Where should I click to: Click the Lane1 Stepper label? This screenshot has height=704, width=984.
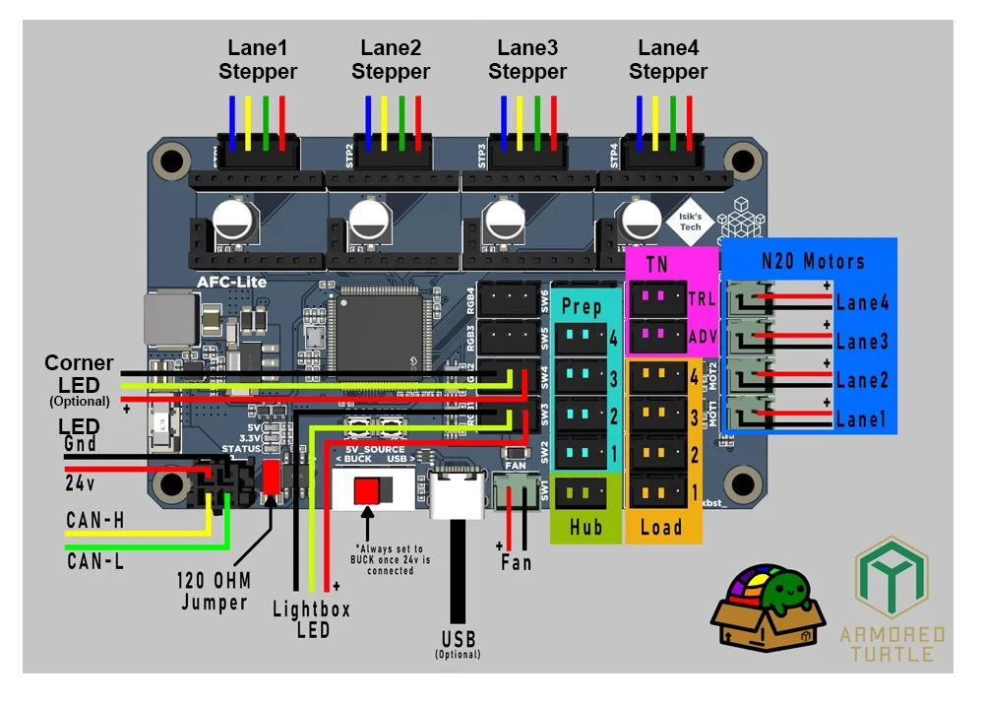pyautogui.click(x=258, y=59)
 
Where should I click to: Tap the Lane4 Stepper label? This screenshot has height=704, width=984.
pyautogui.click(x=668, y=59)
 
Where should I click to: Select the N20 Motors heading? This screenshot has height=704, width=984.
pyautogui.click(x=813, y=262)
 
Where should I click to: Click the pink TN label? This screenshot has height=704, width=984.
pyautogui.click(x=656, y=264)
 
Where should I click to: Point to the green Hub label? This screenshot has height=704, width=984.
pyautogui.click(x=586, y=527)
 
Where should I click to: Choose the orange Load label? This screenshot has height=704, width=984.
pyautogui.click(x=661, y=527)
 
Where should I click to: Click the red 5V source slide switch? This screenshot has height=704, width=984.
pyautogui.click(x=367, y=490)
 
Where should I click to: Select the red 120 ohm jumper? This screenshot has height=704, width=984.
pyautogui.click(x=270, y=478)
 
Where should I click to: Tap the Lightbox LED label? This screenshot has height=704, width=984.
pyautogui.click(x=311, y=619)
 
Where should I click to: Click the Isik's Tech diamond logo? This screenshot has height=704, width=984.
pyautogui.click(x=690, y=222)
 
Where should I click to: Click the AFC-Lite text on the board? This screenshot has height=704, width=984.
pyautogui.click(x=232, y=282)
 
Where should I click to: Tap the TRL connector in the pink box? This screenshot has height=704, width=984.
pyautogui.click(x=654, y=296)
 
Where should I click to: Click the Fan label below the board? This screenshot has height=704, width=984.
pyautogui.click(x=516, y=562)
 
